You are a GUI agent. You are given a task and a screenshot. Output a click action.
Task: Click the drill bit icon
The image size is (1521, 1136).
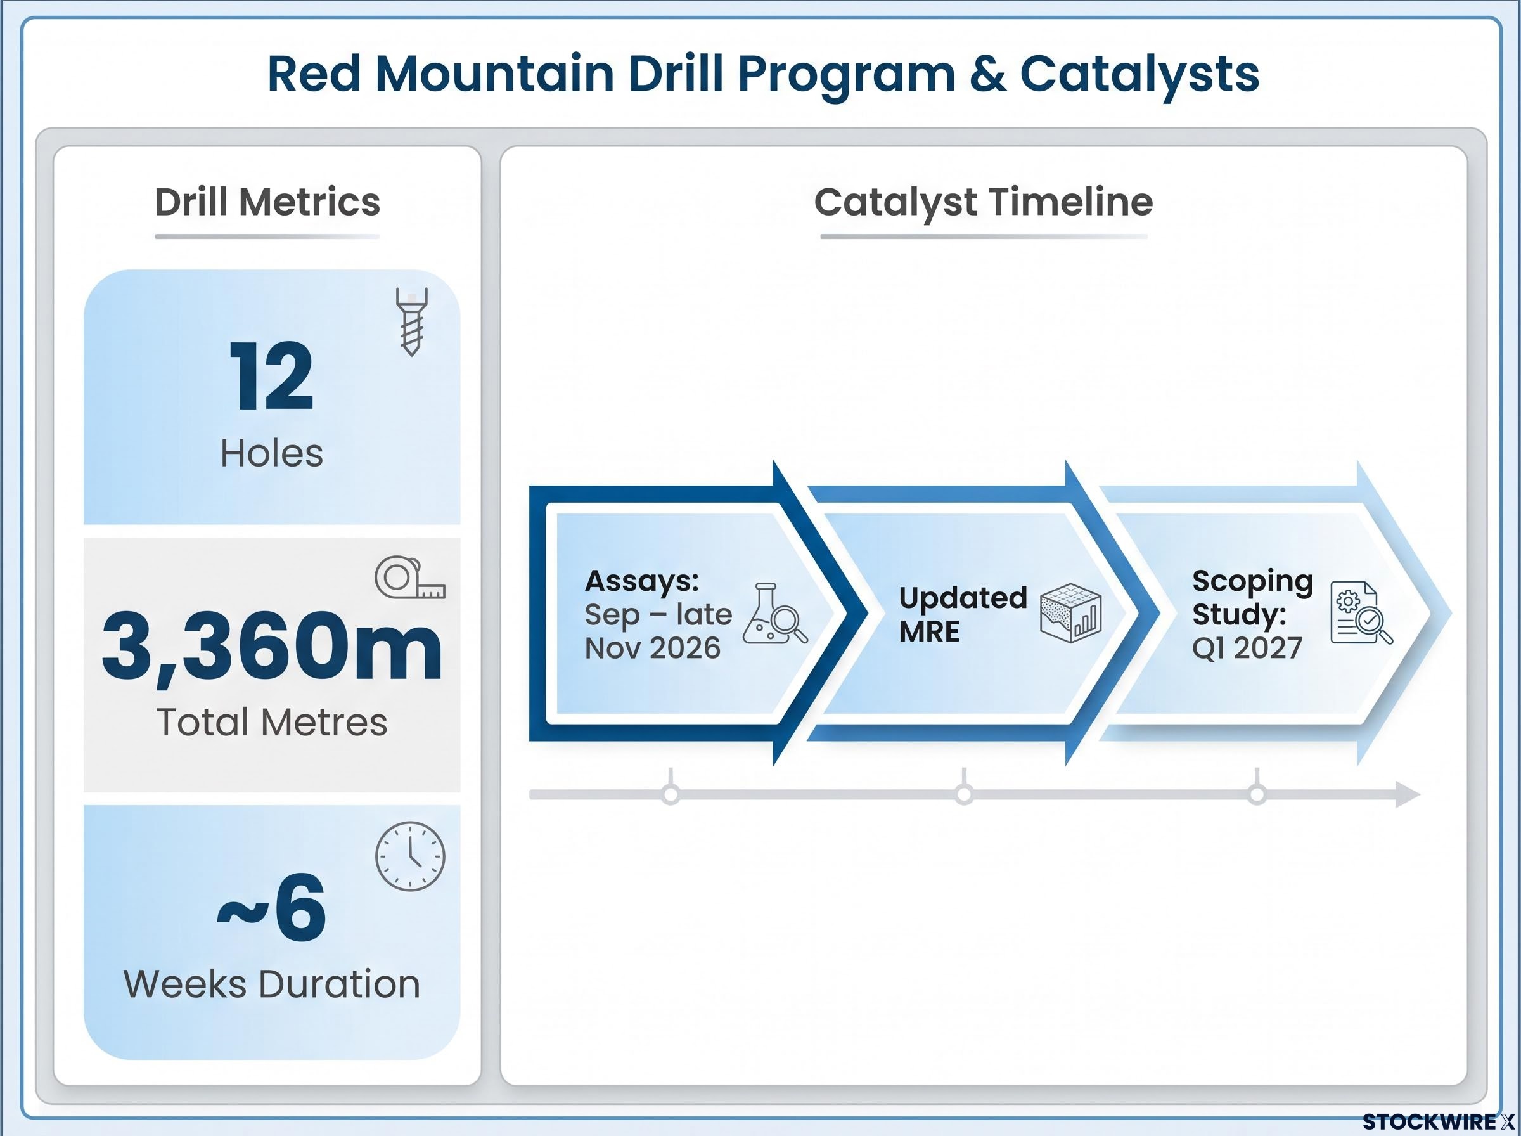click(412, 322)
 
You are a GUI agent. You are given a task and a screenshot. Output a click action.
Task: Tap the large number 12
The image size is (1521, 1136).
click(272, 376)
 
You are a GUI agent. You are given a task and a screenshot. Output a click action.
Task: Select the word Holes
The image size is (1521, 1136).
click(271, 454)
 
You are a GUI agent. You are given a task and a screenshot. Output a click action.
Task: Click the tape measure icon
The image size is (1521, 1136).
click(409, 577)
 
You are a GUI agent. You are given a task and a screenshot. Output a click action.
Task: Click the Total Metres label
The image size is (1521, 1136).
click(272, 722)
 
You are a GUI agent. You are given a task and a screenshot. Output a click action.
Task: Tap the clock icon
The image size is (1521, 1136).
click(410, 856)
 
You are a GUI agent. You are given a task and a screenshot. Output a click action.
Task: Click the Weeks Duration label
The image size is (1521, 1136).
click(272, 984)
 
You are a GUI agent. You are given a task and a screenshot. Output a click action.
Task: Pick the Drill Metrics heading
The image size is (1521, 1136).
click(267, 202)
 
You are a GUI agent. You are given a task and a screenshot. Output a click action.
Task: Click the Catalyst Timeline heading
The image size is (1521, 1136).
click(984, 202)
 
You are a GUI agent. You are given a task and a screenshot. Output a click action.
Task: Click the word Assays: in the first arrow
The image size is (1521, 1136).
click(642, 581)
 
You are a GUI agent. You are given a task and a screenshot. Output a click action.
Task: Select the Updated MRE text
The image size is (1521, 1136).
click(963, 614)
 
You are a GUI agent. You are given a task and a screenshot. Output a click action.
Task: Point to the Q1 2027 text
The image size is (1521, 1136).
click(1247, 648)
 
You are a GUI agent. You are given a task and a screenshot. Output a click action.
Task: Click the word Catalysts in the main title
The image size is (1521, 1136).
click(1139, 74)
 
